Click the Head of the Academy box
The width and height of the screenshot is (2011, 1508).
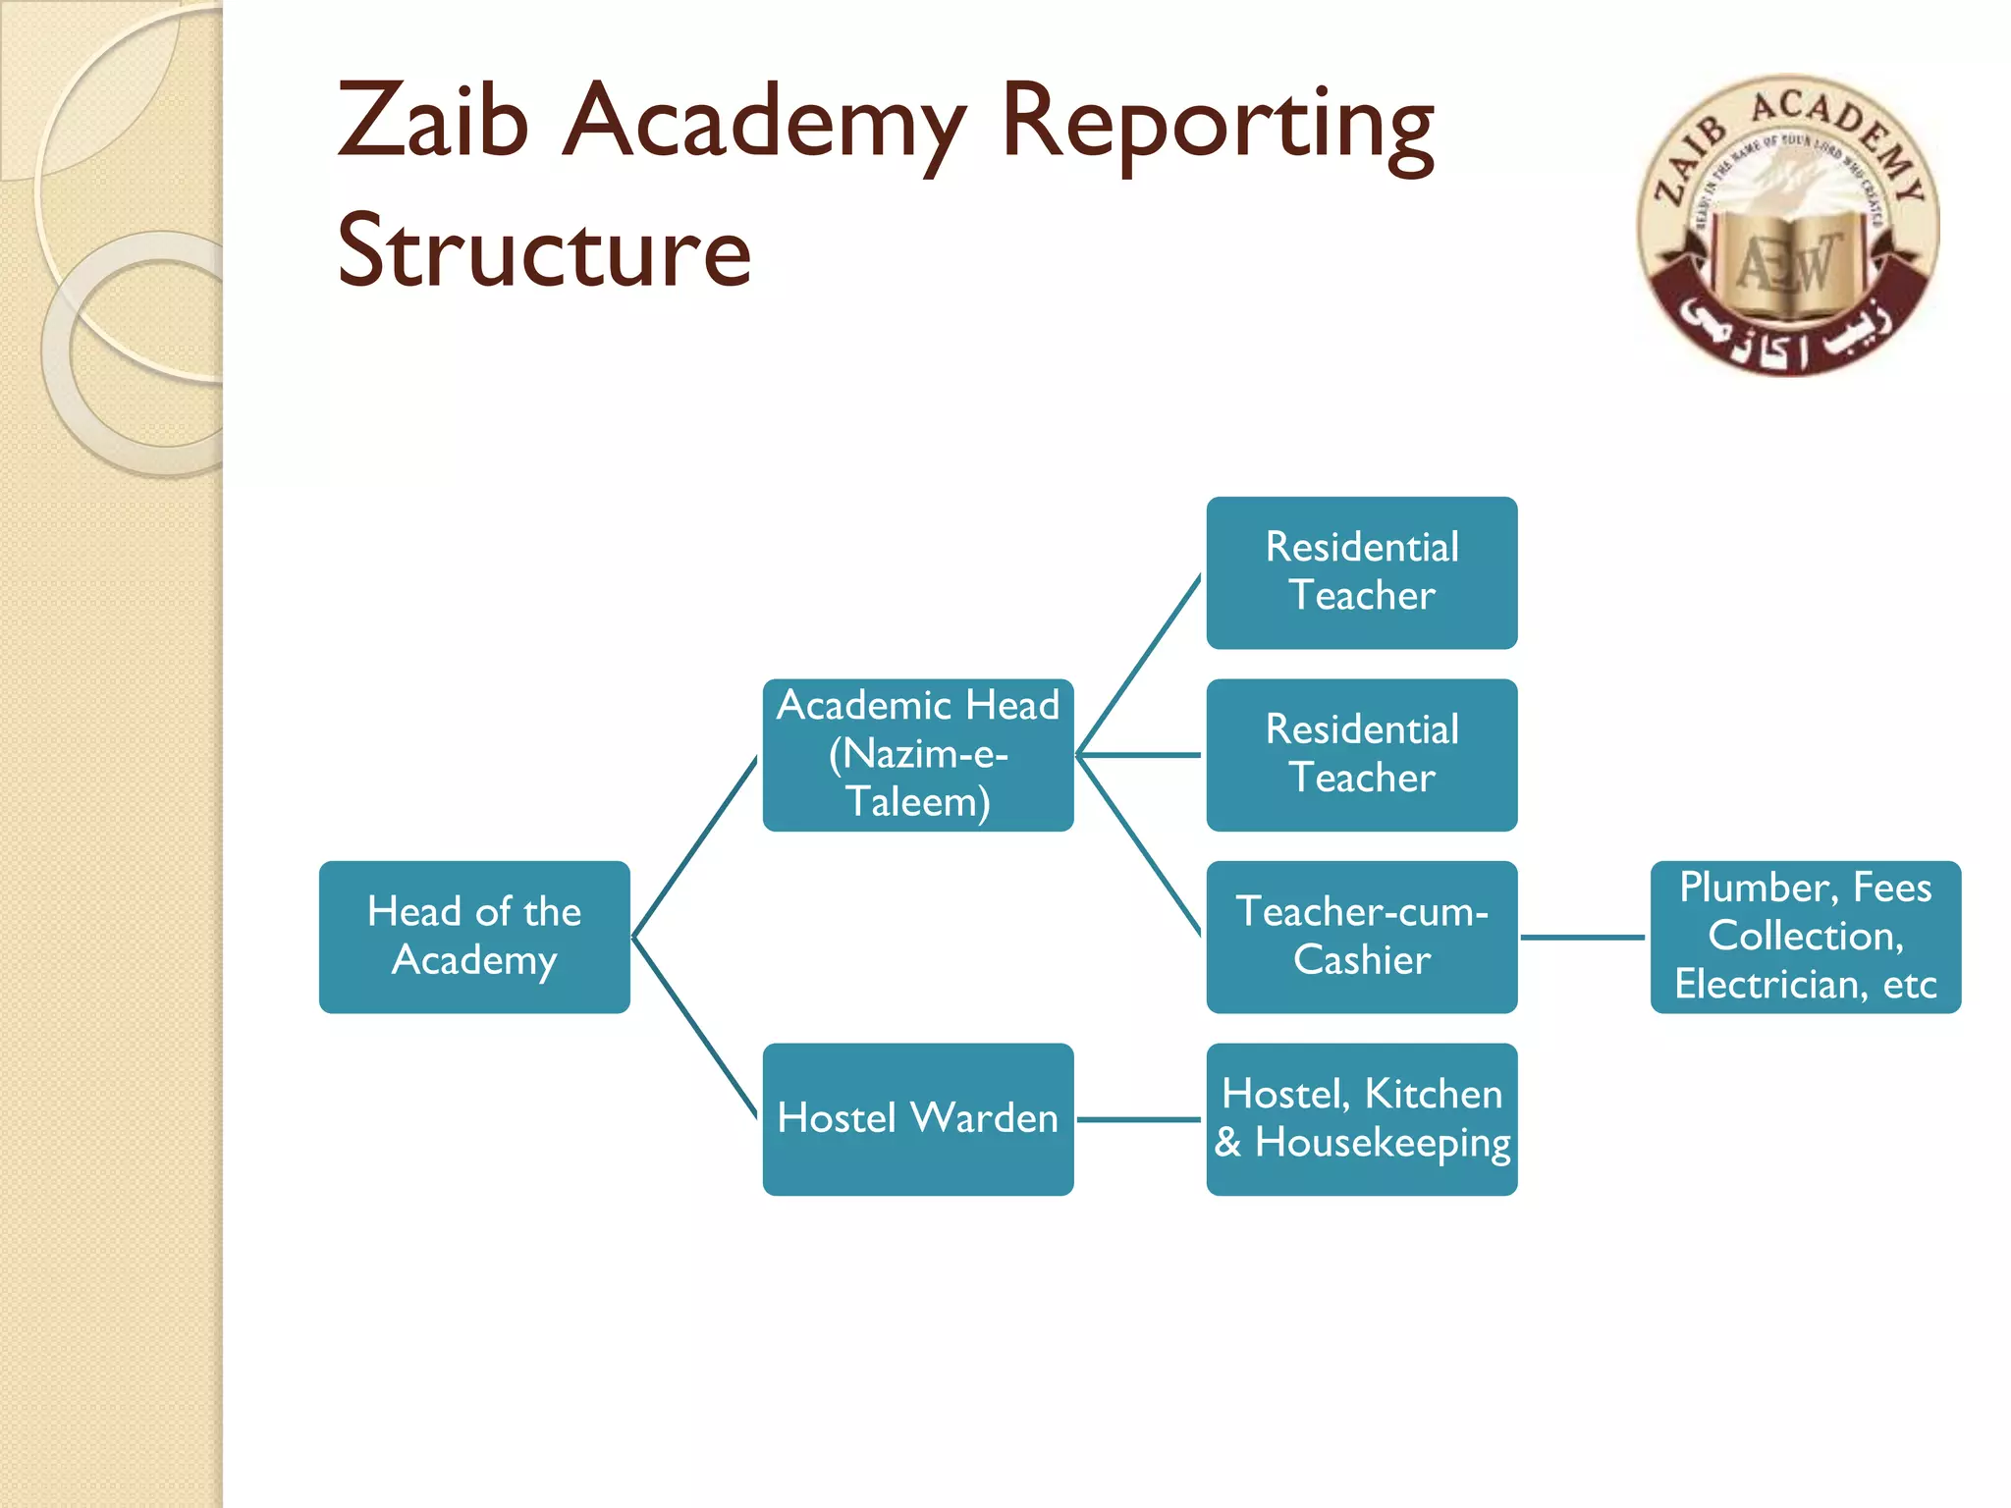474,937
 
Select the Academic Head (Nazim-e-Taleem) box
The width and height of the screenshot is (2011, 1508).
918,754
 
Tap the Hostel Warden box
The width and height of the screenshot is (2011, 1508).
918,1118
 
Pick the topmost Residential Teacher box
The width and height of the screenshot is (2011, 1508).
1362,572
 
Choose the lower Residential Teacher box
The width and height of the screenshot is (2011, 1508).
1362,754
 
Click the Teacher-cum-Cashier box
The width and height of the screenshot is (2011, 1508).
1362,937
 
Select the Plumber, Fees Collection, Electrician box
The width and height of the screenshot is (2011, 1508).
1805,937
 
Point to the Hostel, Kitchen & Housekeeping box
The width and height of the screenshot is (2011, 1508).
1362,1118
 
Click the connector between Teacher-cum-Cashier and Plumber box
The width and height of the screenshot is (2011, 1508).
1583,938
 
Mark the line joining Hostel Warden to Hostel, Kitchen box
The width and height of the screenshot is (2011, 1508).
1139,1119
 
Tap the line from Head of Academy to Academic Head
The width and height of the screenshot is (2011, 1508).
695,846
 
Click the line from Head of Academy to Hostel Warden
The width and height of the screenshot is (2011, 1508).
695,1028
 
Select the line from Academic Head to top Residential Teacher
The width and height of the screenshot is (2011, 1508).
1139,665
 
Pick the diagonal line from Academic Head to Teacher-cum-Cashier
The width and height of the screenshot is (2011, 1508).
1139,845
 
